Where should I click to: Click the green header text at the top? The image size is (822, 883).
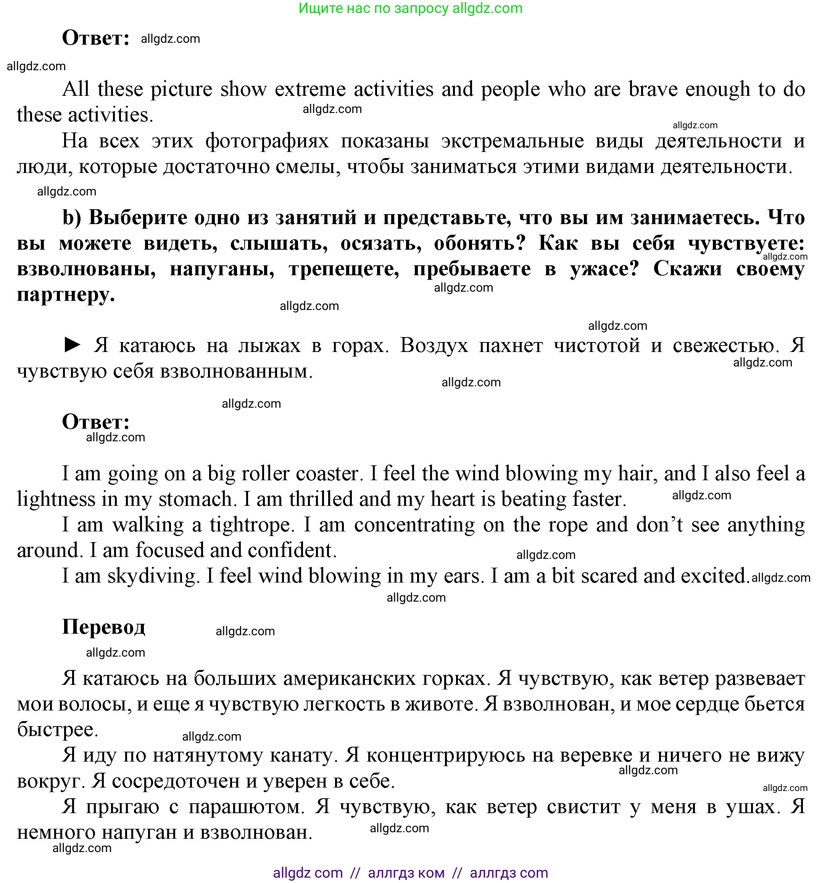point(410,8)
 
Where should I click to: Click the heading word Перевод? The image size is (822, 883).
point(103,627)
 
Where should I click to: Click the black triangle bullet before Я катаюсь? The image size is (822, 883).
point(73,345)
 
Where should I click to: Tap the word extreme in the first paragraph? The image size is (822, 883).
point(310,89)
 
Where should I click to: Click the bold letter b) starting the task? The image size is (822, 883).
point(71,218)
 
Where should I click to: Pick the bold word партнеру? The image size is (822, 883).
point(66,294)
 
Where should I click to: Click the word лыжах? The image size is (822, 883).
point(269,345)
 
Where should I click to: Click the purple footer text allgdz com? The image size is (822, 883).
point(308,873)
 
